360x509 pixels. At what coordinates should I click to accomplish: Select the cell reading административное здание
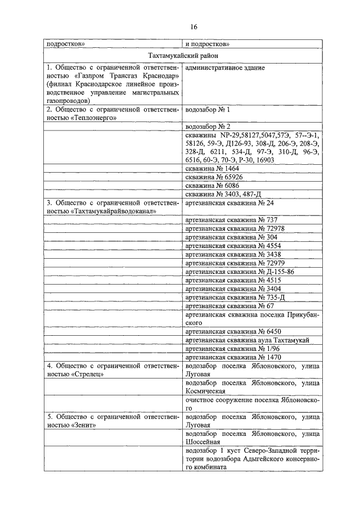point(225,67)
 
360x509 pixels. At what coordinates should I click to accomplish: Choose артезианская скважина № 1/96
point(233,349)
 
